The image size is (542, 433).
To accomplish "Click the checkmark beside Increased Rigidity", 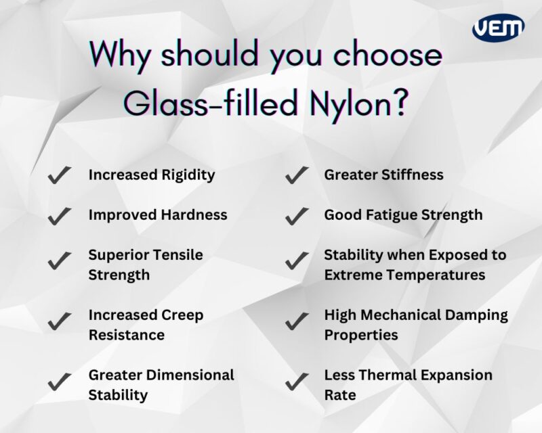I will coord(60,176).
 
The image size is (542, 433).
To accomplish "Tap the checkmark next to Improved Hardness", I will coord(60,216).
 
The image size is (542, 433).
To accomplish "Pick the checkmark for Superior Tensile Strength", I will coord(60,260).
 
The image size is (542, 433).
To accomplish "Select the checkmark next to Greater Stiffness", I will coord(295,176).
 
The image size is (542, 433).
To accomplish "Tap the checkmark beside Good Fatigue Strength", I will coord(295,216).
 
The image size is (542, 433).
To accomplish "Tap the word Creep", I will coord(182,315).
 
